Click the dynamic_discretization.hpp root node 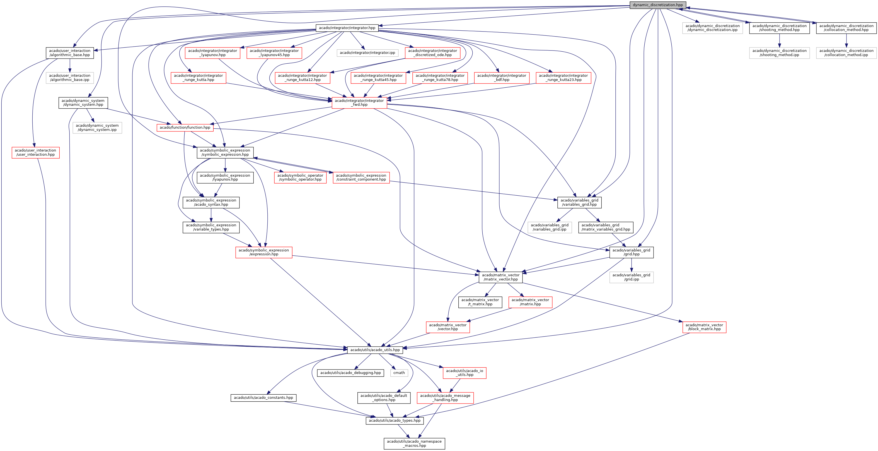coord(657,5)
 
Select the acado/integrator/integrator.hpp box coord(347,28)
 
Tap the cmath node coord(399,373)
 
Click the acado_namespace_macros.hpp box coord(414,443)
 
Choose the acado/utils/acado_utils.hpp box coord(375,350)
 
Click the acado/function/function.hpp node coord(185,128)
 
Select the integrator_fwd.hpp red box coord(359,103)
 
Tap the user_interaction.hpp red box coord(35,152)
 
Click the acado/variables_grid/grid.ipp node coord(631,277)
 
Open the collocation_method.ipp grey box coord(846,53)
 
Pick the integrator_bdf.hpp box coord(501,78)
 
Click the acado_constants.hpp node coord(263,398)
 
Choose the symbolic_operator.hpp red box coord(300,177)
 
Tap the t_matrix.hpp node coord(480,302)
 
